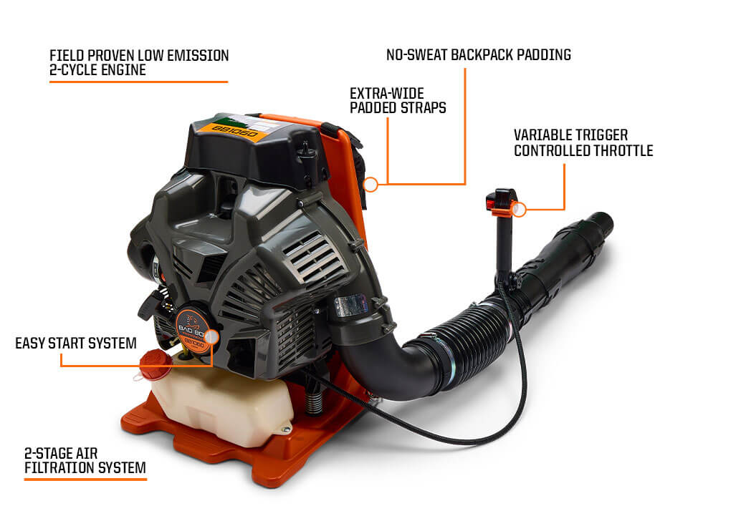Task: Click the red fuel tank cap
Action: (x=153, y=365)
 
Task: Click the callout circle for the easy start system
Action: (x=212, y=336)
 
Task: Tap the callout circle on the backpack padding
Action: (x=370, y=185)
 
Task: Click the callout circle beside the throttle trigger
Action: (x=521, y=210)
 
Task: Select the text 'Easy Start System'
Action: (x=76, y=344)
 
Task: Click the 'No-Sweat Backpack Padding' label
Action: (x=479, y=54)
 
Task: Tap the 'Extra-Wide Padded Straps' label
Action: (x=398, y=100)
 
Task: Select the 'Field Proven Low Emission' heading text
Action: (x=139, y=55)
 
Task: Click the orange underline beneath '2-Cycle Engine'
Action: (x=138, y=82)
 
